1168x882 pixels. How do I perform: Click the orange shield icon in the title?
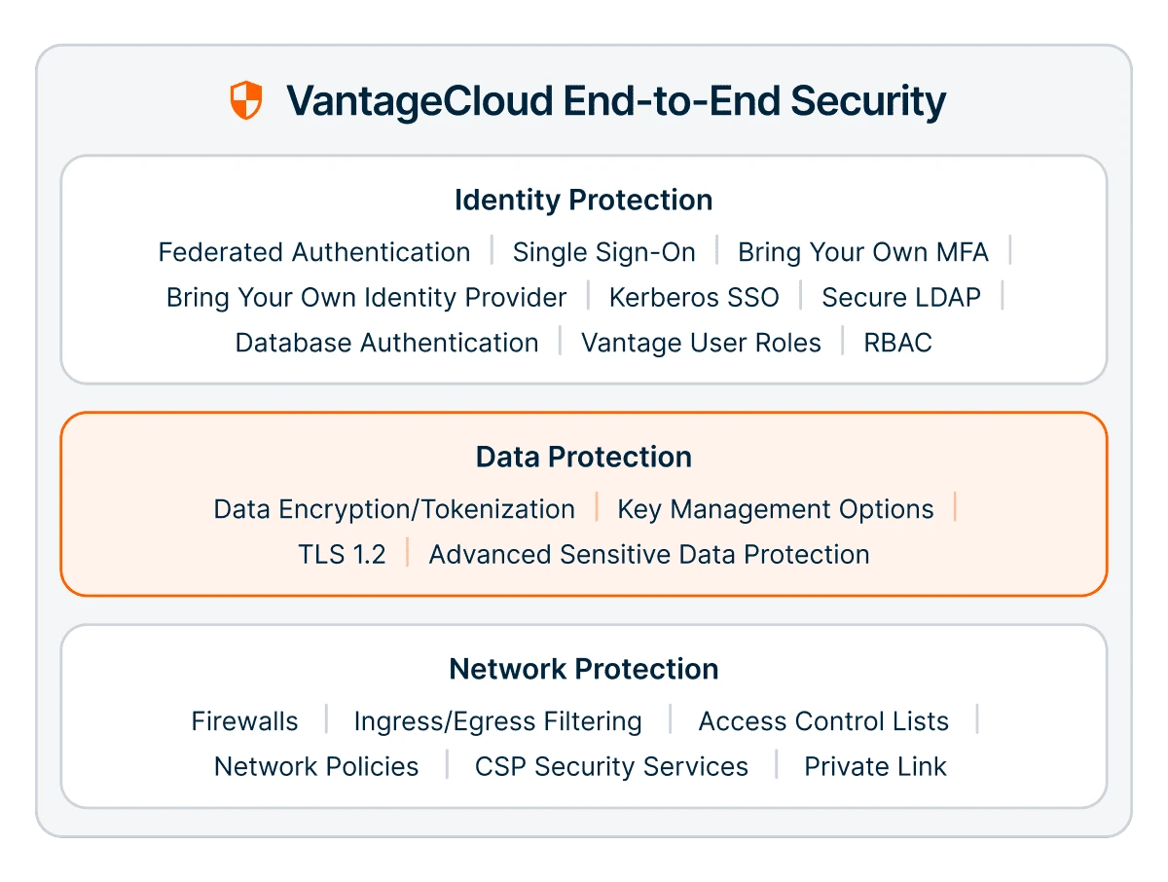[246, 99]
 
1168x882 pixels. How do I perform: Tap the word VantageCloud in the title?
[420, 100]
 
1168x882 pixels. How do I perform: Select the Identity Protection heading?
[584, 200]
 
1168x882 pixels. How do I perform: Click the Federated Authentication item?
[314, 252]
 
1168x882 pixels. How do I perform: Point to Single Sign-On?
[604, 252]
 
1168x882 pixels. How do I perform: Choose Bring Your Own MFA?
[863, 252]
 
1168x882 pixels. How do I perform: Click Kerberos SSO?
[694, 297]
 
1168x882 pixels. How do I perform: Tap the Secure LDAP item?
[901, 297]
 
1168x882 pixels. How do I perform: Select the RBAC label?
[897, 343]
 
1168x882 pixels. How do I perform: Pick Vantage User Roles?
[701, 343]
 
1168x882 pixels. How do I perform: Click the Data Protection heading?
[584, 457]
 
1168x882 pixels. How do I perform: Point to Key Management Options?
[776, 509]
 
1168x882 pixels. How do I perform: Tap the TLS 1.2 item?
[342, 554]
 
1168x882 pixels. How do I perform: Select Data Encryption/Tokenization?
[394, 509]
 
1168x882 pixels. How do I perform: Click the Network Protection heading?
[584, 669]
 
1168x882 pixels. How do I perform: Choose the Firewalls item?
[244, 721]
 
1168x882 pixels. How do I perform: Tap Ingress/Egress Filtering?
[497, 722]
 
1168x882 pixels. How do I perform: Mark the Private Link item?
[875, 766]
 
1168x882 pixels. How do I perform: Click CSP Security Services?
[611, 767]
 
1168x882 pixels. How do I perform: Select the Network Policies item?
[316, 766]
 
